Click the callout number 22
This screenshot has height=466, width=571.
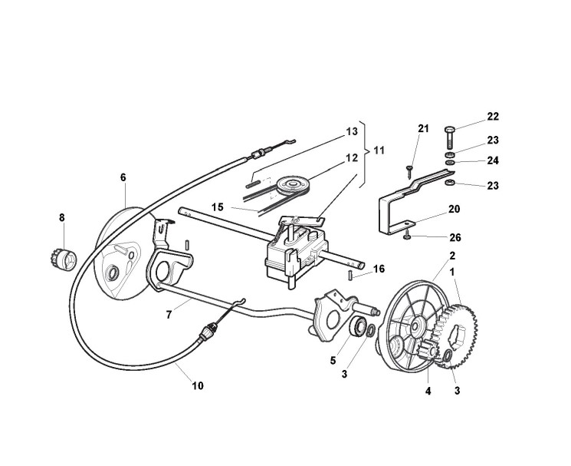tap(493, 117)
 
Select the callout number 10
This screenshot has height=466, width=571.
tap(198, 385)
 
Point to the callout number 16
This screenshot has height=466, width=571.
tap(379, 269)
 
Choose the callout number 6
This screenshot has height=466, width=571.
tap(123, 177)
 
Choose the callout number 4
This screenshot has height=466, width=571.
tap(428, 390)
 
